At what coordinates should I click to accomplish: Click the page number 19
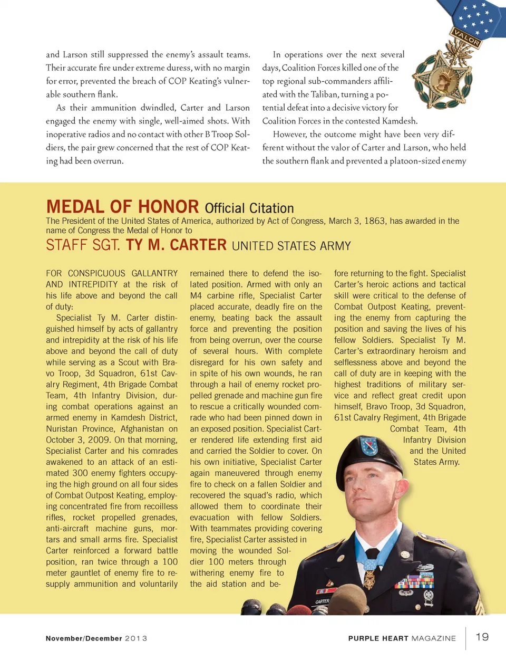coord(482,637)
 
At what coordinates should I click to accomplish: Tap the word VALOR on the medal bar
coord(466,37)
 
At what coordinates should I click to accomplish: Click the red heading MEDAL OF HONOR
coord(122,206)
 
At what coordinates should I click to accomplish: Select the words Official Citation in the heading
coord(249,208)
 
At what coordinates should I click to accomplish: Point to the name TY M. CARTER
coord(176,245)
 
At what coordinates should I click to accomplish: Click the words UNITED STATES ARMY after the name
coord(291,246)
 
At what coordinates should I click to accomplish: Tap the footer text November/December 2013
coord(96,638)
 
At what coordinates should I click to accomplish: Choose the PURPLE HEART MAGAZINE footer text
coord(402,638)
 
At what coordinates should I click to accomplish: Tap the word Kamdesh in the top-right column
coord(399,121)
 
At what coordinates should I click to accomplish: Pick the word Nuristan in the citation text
coord(62,429)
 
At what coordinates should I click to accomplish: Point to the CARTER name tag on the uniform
coord(322,601)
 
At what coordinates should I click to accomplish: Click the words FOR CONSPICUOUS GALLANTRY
coord(112,273)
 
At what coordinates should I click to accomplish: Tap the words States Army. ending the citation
coord(436,462)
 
